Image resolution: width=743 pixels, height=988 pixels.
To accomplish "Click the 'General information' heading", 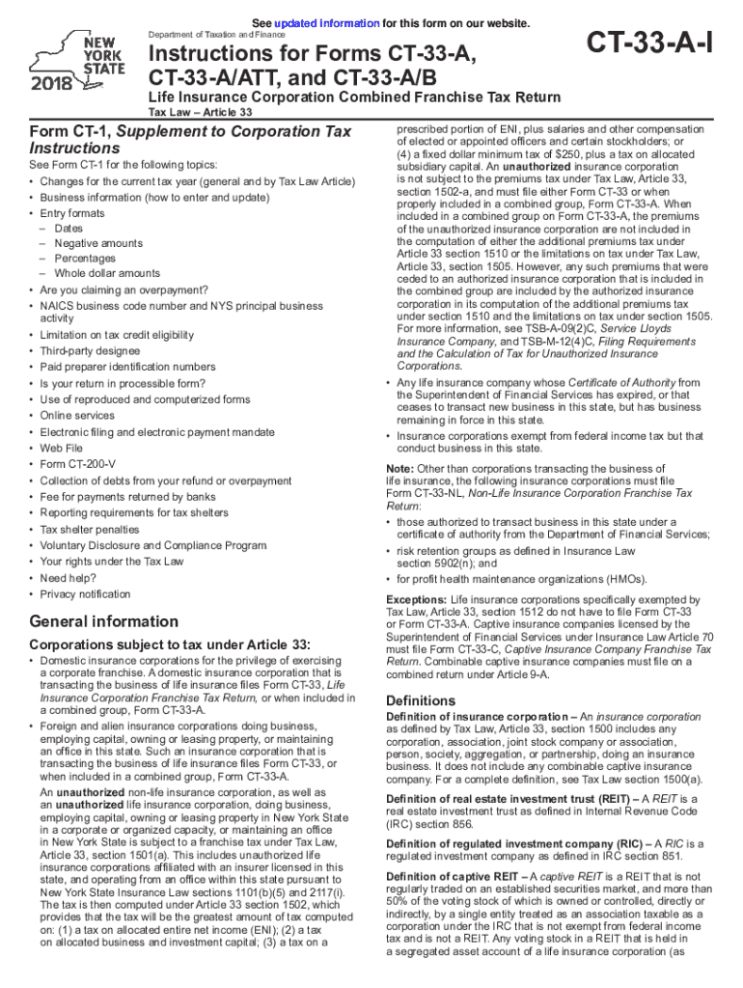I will point(104,621).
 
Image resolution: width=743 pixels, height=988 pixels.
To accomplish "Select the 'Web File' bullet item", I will point(63,449).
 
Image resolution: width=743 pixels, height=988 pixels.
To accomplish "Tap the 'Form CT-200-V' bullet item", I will point(76,465).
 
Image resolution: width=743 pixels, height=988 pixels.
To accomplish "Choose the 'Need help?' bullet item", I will point(69,578).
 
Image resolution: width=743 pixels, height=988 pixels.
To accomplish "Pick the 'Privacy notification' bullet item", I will point(85,594).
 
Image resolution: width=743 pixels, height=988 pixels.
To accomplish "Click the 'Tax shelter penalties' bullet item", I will point(90,530).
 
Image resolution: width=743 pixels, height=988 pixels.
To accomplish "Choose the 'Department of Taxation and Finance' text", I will point(209,35).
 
